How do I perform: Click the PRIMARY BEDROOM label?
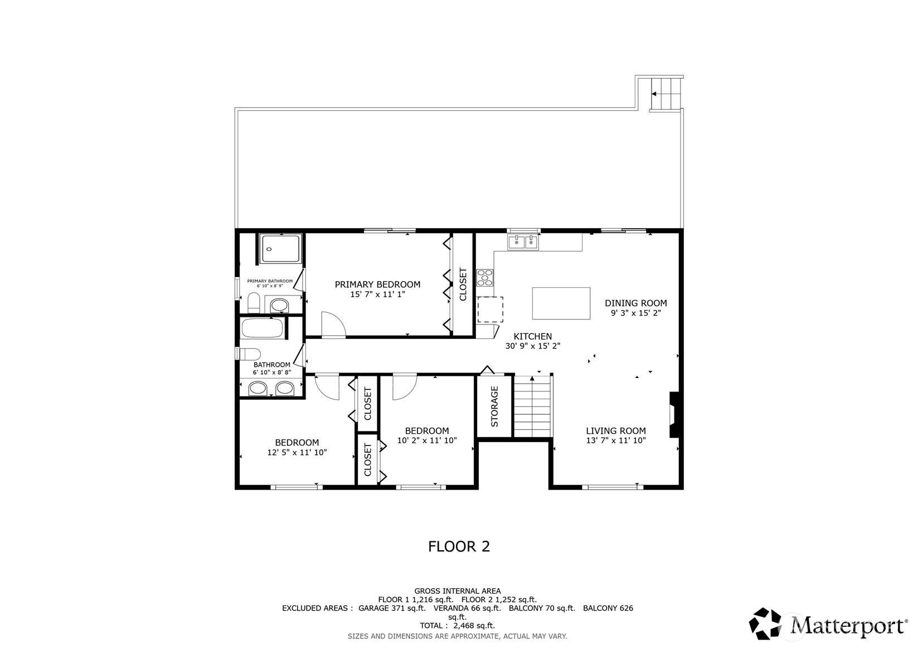coord(377,284)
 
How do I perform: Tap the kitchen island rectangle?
coord(561,303)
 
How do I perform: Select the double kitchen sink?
coord(523,243)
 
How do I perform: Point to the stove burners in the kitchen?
coord(485,278)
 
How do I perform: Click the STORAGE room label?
coord(494,406)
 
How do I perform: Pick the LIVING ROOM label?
coord(615,430)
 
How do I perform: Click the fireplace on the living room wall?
coord(674,414)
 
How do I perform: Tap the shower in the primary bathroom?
coord(281,249)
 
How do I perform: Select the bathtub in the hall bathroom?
coord(263,328)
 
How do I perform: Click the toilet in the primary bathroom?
coord(254,303)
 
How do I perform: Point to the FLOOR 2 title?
coord(459,546)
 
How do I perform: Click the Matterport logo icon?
coord(765,623)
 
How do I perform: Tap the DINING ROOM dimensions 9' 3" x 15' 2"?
coord(635,313)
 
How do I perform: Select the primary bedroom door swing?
coord(334,324)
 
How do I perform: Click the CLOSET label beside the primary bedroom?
coord(463,284)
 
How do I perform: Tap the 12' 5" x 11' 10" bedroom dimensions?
coord(297,452)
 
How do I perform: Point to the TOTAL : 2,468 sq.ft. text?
coord(458,626)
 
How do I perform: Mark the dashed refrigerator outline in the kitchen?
coord(490,309)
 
